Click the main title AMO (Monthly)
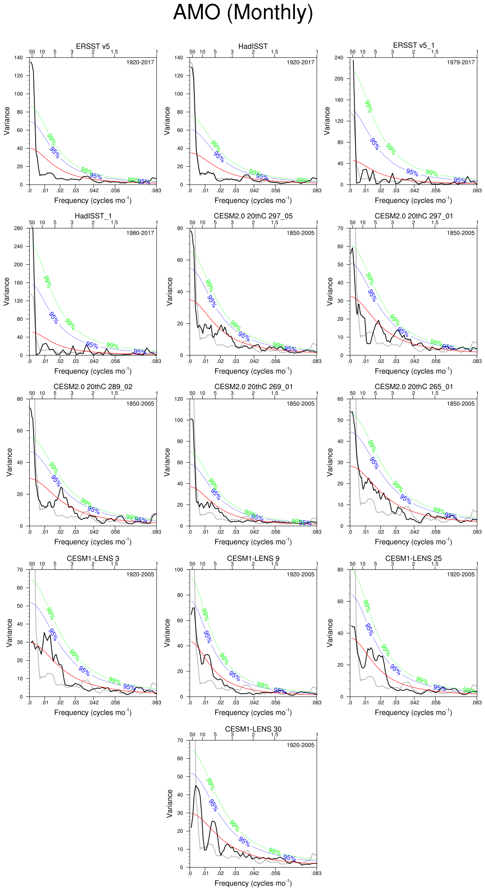click(243, 13)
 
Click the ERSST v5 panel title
click(93, 46)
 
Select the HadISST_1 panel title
click(93, 216)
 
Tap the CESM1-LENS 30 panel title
click(253, 729)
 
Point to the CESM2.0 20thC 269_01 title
click(253, 387)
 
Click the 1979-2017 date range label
click(460, 62)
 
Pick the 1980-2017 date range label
click(140, 233)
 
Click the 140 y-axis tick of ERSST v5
click(18, 58)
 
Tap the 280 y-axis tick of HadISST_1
click(18, 228)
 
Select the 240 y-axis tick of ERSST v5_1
click(339, 58)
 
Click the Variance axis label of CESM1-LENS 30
click(169, 803)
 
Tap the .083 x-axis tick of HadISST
click(316, 191)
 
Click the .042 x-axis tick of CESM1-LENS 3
click(93, 703)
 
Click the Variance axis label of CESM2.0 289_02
click(9, 462)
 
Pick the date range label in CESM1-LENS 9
click(300, 574)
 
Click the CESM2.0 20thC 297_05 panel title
click(253, 216)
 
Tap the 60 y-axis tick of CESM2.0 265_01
click(340, 399)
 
